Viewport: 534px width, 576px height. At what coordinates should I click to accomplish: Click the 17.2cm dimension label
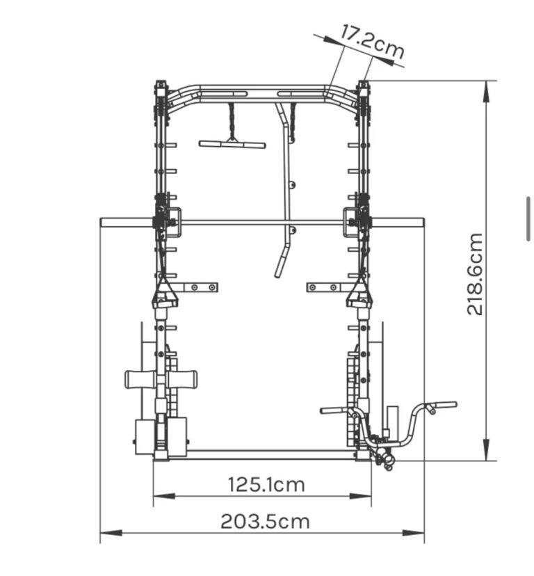pos(372,42)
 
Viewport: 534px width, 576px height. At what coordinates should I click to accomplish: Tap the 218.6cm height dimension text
pos(474,273)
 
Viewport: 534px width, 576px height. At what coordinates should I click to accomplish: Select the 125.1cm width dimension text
pos(266,485)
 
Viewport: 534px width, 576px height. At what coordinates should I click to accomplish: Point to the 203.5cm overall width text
pos(265,521)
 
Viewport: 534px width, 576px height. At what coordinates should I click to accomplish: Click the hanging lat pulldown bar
pos(232,144)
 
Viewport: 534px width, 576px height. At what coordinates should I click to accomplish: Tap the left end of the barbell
pos(102,222)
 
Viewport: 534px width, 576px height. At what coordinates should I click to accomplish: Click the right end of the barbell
pos(423,222)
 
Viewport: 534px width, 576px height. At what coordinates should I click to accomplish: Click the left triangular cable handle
pos(164,294)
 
